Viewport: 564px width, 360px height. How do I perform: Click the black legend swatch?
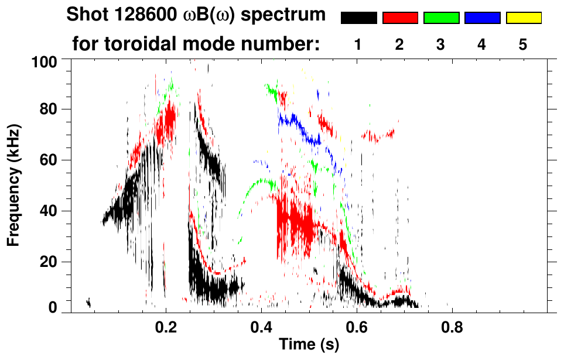click(x=358, y=18)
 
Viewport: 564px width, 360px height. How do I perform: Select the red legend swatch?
click(x=400, y=18)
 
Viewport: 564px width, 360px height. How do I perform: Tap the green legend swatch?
click(x=441, y=18)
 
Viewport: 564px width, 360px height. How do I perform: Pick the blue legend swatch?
click(x=482, y=18)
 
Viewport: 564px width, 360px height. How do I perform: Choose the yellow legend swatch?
click(x=523, y=18)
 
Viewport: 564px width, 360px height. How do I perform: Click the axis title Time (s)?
click(x=308, y=345)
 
